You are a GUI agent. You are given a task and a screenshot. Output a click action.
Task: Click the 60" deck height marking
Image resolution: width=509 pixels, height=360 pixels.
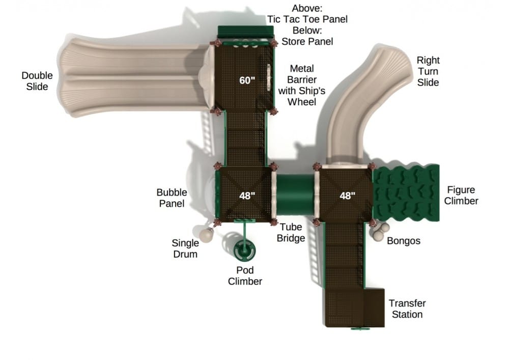pos(247,80)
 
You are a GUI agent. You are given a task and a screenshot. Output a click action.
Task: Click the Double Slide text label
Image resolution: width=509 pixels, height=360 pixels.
pos(37,81)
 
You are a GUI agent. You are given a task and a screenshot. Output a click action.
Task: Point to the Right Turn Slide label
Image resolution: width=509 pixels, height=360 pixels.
pos(428,71)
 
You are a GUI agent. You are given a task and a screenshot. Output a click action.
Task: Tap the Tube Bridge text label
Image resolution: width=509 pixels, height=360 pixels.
pos(292,233)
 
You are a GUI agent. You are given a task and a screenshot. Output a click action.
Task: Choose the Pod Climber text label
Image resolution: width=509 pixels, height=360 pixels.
pos(245,275)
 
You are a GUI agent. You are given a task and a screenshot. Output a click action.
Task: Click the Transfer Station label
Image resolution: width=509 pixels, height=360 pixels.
pos(407,309)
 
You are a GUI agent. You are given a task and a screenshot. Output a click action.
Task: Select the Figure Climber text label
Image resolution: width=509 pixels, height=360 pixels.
pos(461,196)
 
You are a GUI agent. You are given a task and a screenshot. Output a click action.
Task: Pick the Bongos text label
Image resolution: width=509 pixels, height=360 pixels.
pos(404,240)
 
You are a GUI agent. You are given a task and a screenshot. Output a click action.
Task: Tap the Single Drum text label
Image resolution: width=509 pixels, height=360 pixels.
pos(185,248)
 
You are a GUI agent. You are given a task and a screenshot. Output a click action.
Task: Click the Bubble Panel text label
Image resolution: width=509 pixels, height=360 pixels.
pos(172,198)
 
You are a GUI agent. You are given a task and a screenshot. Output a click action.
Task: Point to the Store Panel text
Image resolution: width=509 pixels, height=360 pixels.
pos(307,41)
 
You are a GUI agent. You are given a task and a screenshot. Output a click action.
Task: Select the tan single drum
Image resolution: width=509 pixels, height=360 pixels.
pos(207,234)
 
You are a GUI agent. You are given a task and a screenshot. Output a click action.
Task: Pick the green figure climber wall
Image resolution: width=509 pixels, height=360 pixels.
pos(406,193)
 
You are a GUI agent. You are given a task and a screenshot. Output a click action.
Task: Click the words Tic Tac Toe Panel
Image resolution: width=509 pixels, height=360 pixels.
pos(307,19)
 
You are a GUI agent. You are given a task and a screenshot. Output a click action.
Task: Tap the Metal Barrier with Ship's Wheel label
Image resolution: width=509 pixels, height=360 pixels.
pos(301,85)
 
